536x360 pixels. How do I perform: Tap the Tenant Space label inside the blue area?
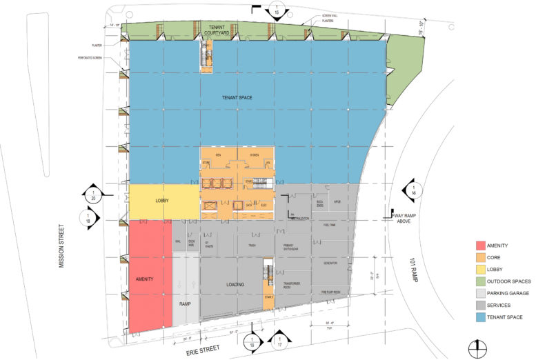237,97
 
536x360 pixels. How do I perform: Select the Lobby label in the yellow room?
162,201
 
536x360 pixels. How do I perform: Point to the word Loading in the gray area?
236,283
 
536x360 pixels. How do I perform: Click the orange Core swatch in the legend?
481,257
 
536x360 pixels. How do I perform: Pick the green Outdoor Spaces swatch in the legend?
481,281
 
